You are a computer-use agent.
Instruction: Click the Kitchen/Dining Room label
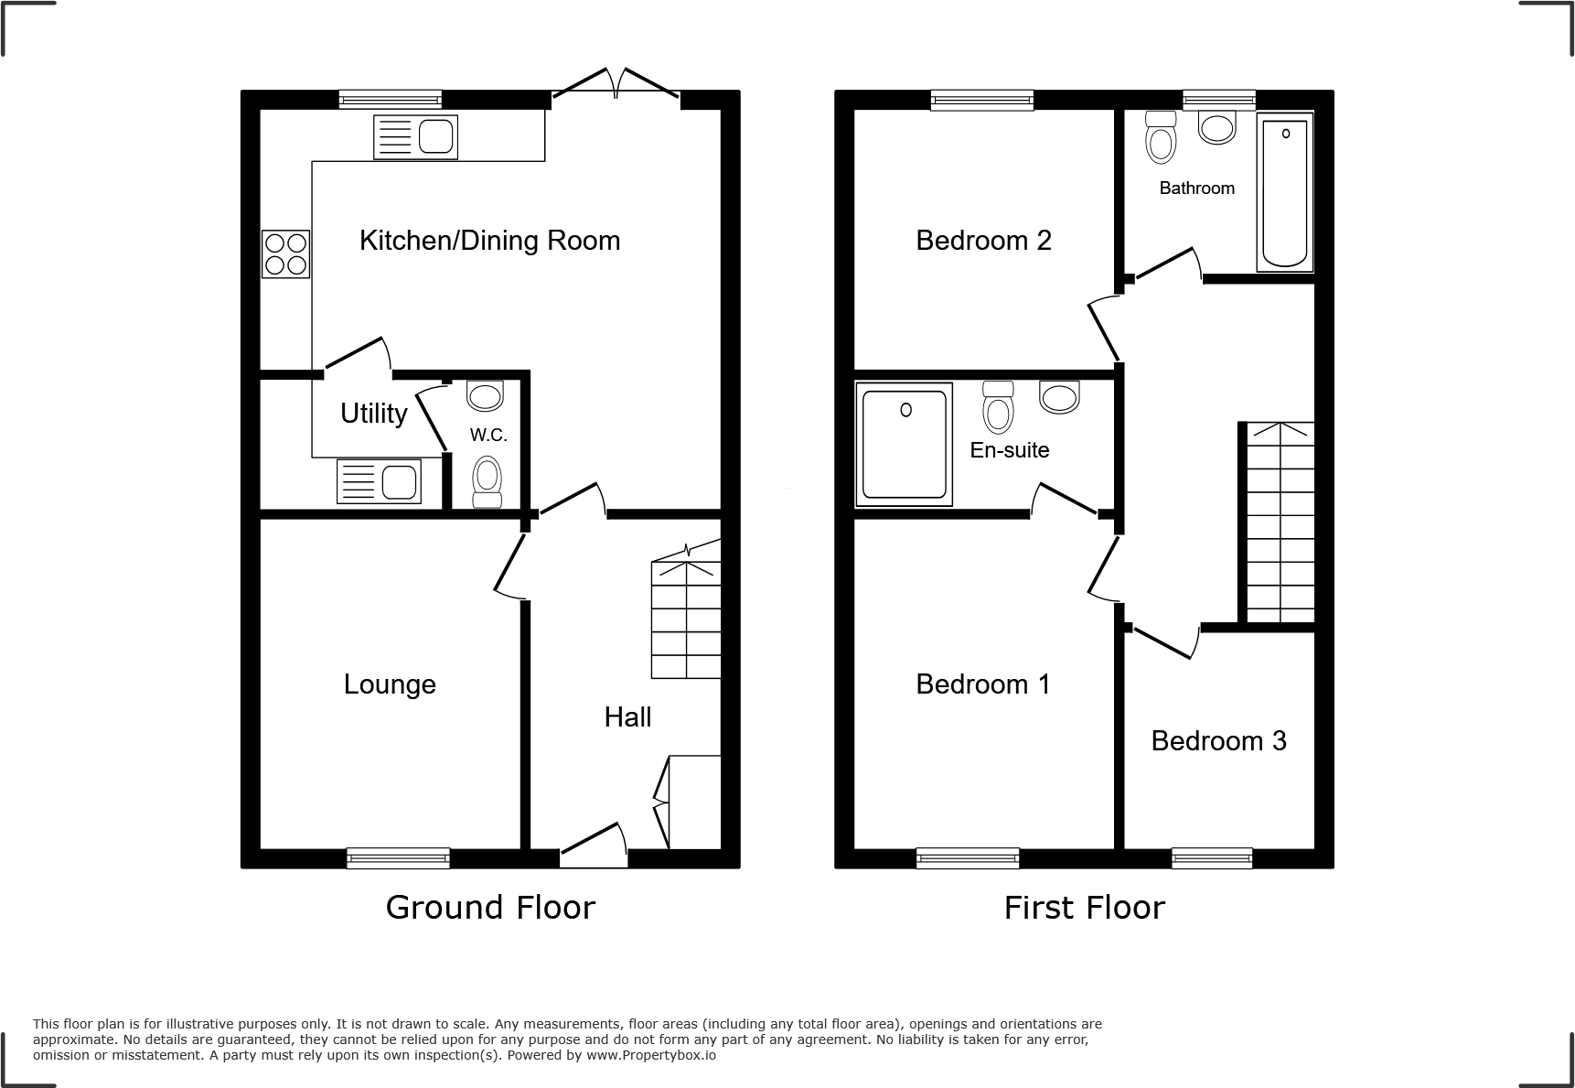[489, 241]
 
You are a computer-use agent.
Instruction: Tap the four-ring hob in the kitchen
[285, 253]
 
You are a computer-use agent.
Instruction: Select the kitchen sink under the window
[415, 138]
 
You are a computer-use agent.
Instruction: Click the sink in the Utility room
[379, 481]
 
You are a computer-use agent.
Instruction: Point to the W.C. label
[488, 436]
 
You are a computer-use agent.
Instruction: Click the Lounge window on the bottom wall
[398, 857]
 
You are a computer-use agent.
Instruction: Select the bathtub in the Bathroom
[1285, 193]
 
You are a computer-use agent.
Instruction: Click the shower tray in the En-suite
[905, 445]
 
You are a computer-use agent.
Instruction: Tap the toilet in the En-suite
[998, 408]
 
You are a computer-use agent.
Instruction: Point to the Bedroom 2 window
[982, 100]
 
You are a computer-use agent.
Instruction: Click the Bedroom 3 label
[1218, 740]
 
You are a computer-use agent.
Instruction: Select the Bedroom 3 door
[1162, 641]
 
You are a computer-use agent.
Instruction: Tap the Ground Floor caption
[490, 907]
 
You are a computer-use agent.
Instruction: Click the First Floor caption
[1084, 908]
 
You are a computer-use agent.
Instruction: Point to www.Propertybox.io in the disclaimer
[649, 1055]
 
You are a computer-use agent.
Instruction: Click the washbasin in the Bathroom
[1216, 127]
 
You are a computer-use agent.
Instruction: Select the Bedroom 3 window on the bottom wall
[1212, 857]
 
